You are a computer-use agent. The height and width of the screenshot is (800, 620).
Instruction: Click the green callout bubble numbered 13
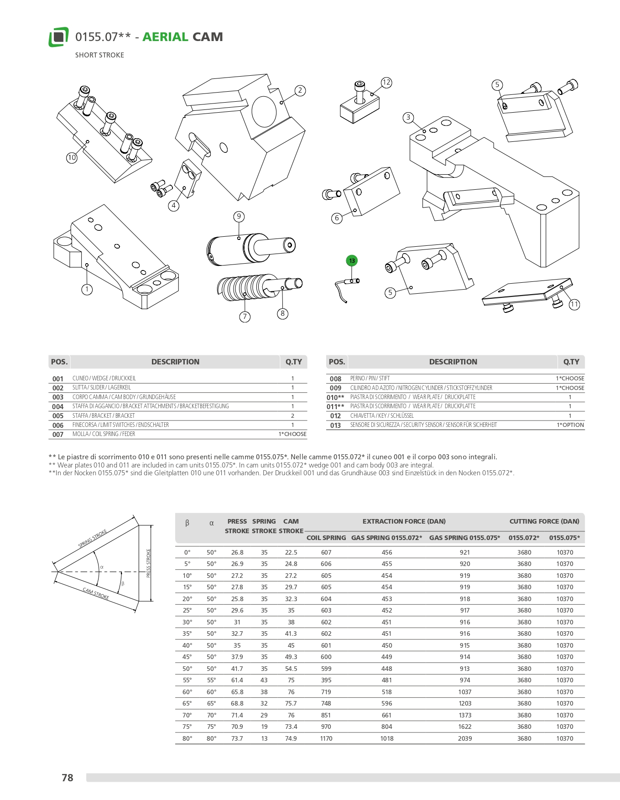pyautogui.click(x=352, y=261)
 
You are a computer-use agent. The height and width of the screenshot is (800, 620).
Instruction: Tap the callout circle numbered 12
pyautogui.click(x=386, y=83)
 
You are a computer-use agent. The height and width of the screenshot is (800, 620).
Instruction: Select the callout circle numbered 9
pyautogui.click(x=239, y=216)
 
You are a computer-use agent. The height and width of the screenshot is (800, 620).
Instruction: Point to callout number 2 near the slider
pyautogui.click(x=300, y=90)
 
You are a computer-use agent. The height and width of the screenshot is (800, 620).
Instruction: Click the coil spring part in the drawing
pyautogui.click(x=242, y=288)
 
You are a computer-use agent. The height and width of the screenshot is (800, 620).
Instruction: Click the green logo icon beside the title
pyautogui.click(x=58, y=37)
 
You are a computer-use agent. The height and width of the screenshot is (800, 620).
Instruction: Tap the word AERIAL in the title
pyautogui.click(x=165, y=37)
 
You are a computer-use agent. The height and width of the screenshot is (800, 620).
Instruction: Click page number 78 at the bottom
pyautogui.click(x=68, y=778)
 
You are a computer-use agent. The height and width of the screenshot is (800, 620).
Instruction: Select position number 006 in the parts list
pyautogui.click(x=58, y=425)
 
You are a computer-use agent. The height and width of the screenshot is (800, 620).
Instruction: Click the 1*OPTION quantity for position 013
pyautogui.click(x=570, y=425)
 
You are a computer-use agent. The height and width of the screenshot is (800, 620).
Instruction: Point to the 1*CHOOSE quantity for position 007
pyautogui.click(x=292, y=434)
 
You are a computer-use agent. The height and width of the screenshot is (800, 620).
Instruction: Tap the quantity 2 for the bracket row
pyautogui.click(x=292, y=416)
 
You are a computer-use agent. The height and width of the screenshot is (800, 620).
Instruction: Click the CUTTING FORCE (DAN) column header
pyautogui.click(x=544, y=521)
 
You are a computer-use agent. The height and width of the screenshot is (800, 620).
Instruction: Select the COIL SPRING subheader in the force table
pyautogui.click(x=326, y=538)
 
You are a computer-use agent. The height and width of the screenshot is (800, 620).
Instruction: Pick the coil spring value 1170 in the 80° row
pyautogui.click(x=326, y=738)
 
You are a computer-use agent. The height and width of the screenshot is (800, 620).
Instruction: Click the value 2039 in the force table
pyautogui.click(x=465, y=738)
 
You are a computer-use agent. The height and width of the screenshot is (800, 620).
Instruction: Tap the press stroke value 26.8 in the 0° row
pyautogui.click(x=237, y=552)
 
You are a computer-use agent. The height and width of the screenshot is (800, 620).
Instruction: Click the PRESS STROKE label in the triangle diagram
pyautogui.click(x=148, y=563)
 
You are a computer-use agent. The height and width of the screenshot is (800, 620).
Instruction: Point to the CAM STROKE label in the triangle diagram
pyautogui.click(x=96, y=594)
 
